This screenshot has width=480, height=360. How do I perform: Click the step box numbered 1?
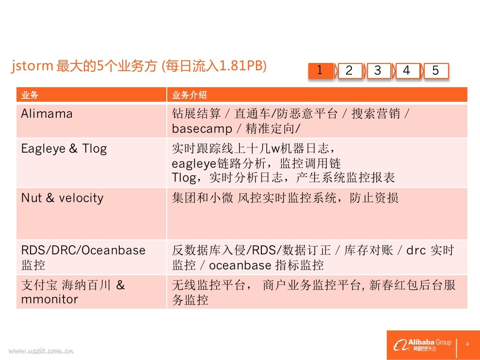(x=320, y=71)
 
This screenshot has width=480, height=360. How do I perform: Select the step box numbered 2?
(x=350, y=71)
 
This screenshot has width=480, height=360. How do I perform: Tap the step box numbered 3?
(x=379, y=71)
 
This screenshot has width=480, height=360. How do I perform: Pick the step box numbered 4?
(x=407, y=71)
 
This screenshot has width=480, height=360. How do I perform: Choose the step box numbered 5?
(x=436, y=71)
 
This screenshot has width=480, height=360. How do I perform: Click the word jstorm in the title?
(x=32, y=66)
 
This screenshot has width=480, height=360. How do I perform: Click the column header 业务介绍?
(x=189, y=95)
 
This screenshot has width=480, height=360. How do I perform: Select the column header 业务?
(x=30, y=95)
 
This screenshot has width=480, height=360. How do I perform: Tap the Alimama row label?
(x=47, y=114)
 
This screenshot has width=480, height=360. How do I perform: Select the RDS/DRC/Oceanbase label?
(x=83, y=250)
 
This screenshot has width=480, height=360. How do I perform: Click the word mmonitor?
(x=49, y=299)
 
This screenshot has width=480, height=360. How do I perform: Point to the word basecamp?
(x=202, y=129)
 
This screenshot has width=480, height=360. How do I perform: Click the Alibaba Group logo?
(x=422, y=345)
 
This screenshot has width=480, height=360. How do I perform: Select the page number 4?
(x=467, y=344)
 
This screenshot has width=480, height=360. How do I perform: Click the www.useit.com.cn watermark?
(x=41, y=351)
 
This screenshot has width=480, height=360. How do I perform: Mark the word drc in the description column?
(x=416, y=250)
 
